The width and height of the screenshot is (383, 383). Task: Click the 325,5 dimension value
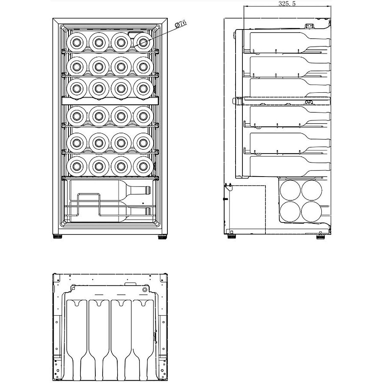tap(288, 4)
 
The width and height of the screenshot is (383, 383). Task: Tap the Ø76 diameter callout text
tap(180, 24)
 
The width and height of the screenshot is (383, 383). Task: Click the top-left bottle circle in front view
tap(77, 41)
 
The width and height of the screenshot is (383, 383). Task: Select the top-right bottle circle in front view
tap(143, 41)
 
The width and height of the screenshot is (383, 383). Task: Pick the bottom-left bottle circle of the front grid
tap(77, 166)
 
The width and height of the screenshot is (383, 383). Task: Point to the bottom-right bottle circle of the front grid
tap(143, 166)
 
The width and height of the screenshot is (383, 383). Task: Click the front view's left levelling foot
tap(58, 237)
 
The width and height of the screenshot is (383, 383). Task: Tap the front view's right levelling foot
tap(161, 237)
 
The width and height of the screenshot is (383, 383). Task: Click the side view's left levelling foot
tap(232, 236)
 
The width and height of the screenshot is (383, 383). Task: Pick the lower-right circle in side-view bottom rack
tap(311, 212)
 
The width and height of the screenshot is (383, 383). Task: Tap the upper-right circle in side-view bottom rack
tap(311, 190)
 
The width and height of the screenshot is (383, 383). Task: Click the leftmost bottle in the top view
tap(76, 337)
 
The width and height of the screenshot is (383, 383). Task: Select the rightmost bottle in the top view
tap(142, 337)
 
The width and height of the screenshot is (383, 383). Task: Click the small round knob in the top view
tap(145, 290)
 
